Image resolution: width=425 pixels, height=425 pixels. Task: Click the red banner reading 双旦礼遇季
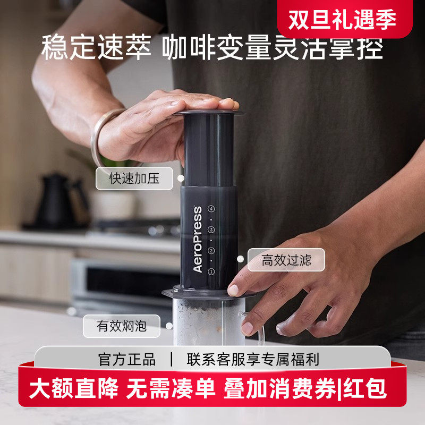(x=344, y=19)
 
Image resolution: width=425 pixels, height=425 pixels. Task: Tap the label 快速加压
(x=134, y=178)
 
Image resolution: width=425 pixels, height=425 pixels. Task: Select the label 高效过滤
(x=286, y=260)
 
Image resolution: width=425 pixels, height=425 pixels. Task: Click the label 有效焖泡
(x=121, y=326)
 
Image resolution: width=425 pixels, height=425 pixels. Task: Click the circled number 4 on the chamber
(x=211, y=209)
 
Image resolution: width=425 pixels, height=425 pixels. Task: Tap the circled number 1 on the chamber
(x=211, y=271)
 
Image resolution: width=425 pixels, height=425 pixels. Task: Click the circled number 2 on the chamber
(x=211, y=250)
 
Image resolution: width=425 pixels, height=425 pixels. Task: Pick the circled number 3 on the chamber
(x=211, y=229)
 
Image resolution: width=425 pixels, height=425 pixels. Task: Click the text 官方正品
(x=127, y=359)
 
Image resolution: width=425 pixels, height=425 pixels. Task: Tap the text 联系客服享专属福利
(x=253, y=359)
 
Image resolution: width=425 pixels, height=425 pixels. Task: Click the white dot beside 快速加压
(x=181, y=178)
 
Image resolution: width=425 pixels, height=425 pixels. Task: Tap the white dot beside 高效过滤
(x=240, y=259)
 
